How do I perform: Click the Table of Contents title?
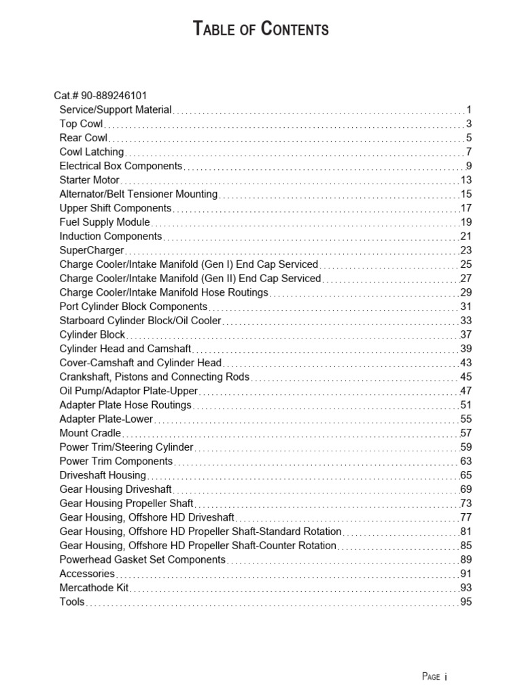261,29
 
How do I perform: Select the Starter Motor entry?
89,180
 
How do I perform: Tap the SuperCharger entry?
92,250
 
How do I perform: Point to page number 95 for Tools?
466,602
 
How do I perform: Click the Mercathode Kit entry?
94,587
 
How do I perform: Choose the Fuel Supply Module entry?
105,222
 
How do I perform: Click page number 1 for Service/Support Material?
468,109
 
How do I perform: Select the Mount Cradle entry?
90,433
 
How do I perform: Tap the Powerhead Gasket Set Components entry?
142,559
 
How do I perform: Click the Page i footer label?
434,676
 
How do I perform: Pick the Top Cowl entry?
81,124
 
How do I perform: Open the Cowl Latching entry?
92,152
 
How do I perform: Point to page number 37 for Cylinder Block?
466,334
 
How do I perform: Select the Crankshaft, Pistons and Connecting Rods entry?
154,377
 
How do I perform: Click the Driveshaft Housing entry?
103,475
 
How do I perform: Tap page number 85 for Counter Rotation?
466,545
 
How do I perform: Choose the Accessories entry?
87,574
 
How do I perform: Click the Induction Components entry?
111,236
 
